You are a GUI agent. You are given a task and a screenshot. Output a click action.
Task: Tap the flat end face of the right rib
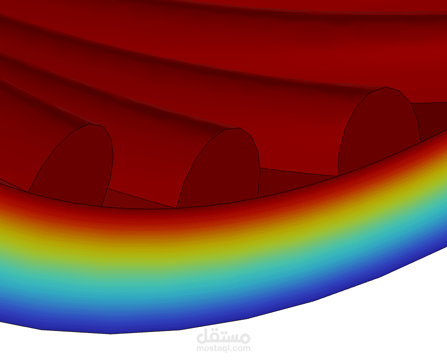(379, 131)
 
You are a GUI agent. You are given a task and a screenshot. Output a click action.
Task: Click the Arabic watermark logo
(223, 336)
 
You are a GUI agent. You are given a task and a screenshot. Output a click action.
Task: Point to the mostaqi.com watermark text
(223, 348)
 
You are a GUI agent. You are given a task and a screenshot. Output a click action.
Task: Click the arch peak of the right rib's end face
(386, 87)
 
